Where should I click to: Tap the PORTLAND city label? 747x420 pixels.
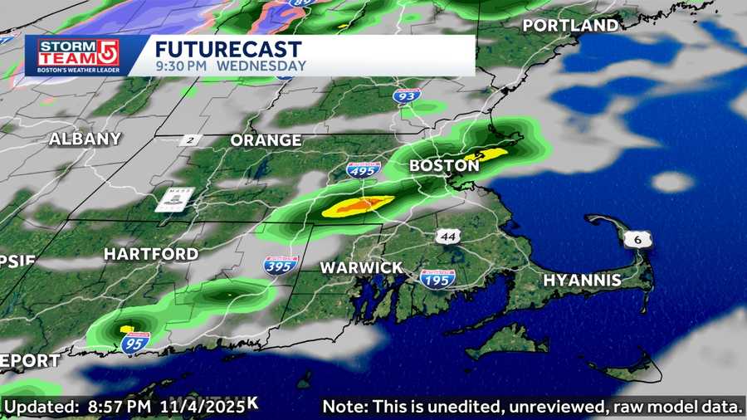tap(571, 26)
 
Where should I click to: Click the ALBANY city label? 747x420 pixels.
tap(85, 139)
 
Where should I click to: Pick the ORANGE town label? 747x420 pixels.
tap(266, 140)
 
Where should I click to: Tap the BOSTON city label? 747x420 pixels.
tap(444, 166)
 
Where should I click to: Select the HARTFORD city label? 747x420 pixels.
tap(151, 253)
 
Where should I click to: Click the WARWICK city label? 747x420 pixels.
tap(362, 268)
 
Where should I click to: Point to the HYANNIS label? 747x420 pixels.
tap(582, 281)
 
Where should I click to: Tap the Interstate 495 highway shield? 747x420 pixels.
tap(364, 170)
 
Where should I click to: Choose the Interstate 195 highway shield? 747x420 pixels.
tap(437, 279)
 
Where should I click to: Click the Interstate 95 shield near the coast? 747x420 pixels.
tap(134, 342)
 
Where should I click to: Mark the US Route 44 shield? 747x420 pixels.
tap(449, 237)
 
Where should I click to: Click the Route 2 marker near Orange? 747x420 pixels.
tap(190, 141)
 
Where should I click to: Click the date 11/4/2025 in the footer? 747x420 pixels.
tap(208, 406)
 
